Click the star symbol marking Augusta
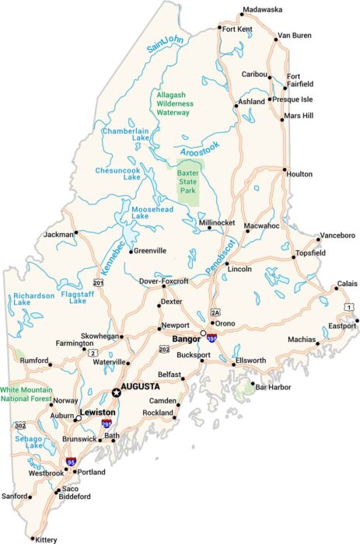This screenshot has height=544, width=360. tap(117, 392)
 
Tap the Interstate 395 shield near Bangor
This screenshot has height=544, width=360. tap(211, 338)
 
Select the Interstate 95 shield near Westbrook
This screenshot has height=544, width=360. tap(71, 462)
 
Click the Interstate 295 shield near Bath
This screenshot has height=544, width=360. tap(106, 424)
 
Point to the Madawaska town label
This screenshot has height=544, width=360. tap(262, 10)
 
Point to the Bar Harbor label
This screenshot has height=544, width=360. tap(272, 386)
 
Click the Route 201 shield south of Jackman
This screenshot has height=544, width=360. tap(98, 282)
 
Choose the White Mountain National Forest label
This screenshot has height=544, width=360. tap(26, 394)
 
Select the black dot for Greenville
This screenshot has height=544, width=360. tap(131, 251)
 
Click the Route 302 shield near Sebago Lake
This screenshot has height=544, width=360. tap(19, 425)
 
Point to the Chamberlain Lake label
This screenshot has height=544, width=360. tap(126, 136)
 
